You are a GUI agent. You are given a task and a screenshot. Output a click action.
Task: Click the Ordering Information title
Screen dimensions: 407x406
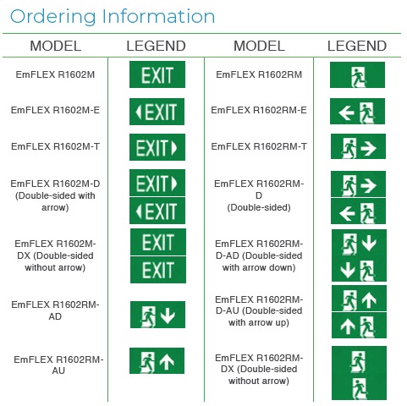[x=113, y=17]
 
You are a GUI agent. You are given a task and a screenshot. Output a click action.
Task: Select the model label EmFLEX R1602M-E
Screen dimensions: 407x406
[x=55, y=110]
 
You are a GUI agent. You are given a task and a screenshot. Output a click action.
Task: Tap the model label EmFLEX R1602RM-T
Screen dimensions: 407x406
[x=259, y=146]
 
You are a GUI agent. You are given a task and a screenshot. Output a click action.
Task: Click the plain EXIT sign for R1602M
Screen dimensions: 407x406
[x=157, y=74]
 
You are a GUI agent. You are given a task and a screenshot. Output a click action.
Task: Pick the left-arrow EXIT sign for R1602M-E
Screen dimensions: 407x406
[x=157, y=112]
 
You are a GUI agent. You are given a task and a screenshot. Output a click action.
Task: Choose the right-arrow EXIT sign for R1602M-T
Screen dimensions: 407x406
[x=157, y=147]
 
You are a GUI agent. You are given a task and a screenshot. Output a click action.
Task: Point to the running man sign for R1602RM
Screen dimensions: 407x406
[x=357, y=74]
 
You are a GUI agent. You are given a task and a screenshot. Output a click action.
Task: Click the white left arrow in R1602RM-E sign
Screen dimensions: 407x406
[x=346, y=113]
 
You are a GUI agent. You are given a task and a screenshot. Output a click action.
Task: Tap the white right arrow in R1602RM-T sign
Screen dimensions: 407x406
[x=369, y=148]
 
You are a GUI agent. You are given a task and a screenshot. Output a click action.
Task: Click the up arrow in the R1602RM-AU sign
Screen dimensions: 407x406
[x=167, y=361]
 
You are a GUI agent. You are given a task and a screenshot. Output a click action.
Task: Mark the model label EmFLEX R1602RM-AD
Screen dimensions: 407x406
[x=55, y=310]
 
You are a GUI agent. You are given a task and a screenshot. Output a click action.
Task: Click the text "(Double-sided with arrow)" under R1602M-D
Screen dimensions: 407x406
[x=55, y=201]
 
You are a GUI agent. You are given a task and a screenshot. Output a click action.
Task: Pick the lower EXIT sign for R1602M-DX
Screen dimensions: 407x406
[x=158, y=270]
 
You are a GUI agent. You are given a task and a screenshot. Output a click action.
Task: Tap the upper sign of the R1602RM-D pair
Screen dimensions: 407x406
[x=358, y=184]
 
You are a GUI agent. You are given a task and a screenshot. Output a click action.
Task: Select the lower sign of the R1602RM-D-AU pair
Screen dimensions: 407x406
[x=359, y=325]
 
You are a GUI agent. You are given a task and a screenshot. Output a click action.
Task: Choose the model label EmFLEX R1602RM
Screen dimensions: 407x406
[x=259, y=74]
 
